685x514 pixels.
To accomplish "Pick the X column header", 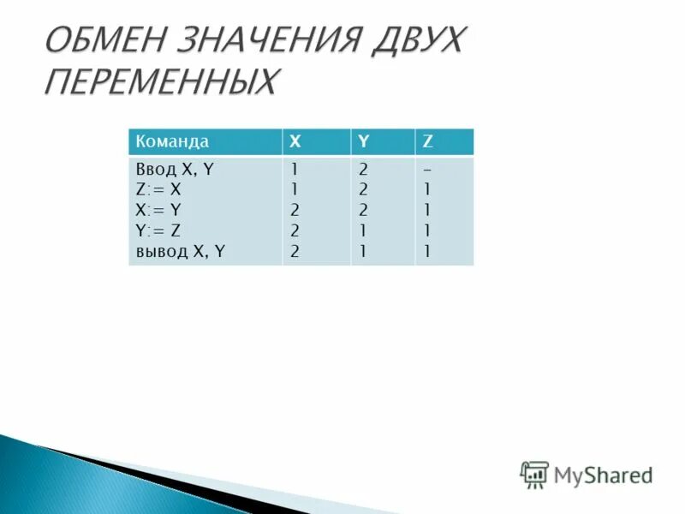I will (295, 141).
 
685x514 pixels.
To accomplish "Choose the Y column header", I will (363, 141).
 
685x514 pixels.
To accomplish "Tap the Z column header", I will (428, 141).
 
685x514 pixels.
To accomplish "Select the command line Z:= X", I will (158, 189).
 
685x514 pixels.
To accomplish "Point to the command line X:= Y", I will (158, 210).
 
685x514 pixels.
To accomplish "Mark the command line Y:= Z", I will (158, 230).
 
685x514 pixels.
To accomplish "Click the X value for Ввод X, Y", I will (295, 170).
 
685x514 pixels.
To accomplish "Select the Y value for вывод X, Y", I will (363, 251).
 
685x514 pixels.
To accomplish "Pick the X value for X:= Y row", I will (295, 210).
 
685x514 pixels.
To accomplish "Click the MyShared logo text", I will (603, 475).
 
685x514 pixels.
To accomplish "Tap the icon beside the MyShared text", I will (534, 474).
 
